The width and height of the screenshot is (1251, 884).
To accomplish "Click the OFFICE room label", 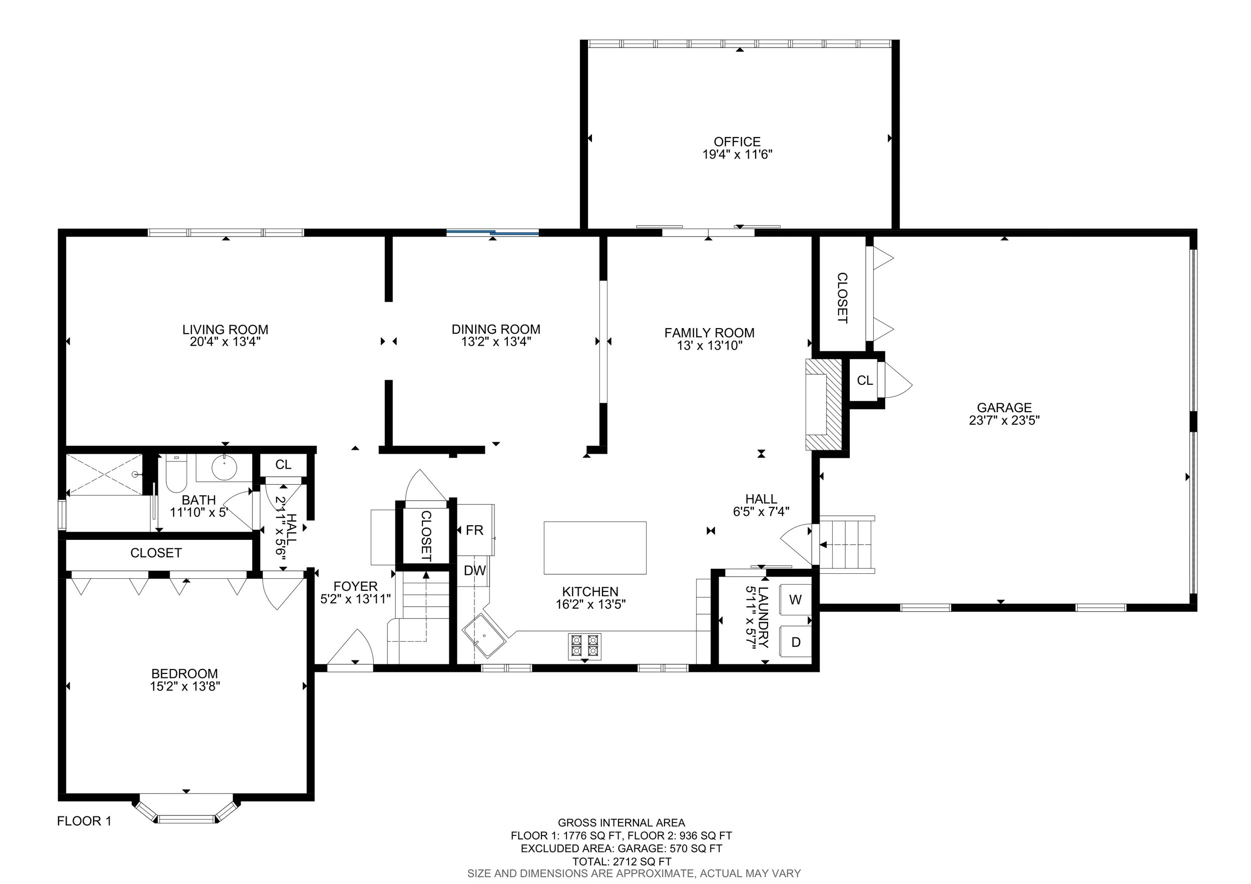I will tap(737, 142).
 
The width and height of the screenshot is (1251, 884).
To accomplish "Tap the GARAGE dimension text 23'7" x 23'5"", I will tap(1004, 420).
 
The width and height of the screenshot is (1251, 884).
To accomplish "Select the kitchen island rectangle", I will tap(595, 547).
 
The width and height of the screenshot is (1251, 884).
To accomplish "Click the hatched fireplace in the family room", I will tap(826, 404).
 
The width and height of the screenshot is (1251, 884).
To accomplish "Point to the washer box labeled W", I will tap(795, 600).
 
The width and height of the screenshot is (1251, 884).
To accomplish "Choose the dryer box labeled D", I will tap(796, 642).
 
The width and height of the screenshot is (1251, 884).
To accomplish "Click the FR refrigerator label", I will tap(474, 530).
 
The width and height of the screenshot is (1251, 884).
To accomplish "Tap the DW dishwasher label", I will tap(474, 571).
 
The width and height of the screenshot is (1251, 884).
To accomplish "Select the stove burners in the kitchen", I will tap(584, 646).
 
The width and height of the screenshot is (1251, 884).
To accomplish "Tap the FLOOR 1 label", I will tap(84, 821).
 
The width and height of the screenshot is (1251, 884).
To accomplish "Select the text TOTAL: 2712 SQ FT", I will tap(621, 861).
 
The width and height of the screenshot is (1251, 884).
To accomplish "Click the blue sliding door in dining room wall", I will tap(492, 233).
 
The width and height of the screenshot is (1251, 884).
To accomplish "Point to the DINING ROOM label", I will tap(495, 329).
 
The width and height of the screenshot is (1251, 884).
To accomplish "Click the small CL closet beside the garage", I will tap(864, 380).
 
